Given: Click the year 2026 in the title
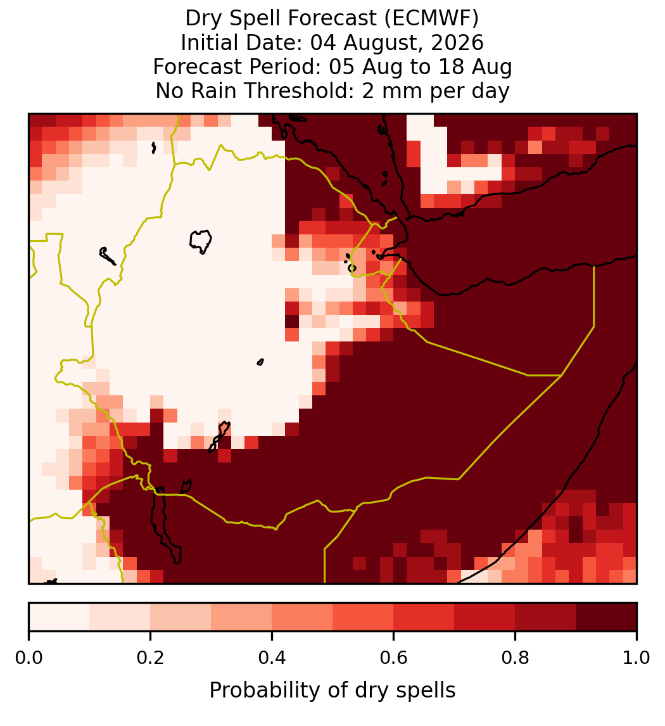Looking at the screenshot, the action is pos(457,42).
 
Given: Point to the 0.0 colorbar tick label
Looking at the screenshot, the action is pos(28,658).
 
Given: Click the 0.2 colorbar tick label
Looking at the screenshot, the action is pos(150,658).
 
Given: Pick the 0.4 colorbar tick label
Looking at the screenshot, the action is pos(272,658).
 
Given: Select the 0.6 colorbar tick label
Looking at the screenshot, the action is pos(394,658).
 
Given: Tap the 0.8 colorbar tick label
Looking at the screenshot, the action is pos(516,658).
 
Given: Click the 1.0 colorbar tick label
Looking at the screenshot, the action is pos(636,658).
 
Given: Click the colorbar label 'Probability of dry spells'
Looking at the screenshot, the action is pos(332,691).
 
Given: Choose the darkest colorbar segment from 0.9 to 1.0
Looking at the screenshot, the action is pos(606,617).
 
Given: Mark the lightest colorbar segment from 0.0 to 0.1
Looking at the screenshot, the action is pos(60,617).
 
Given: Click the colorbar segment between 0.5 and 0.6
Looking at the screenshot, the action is pos(364,617).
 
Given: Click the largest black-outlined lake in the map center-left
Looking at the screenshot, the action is pos(200,241).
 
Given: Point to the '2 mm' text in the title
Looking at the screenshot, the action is pos(394,91).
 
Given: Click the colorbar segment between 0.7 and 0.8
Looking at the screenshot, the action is pos(485,617).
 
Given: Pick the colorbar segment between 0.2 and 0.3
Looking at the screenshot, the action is pos(181,617).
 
